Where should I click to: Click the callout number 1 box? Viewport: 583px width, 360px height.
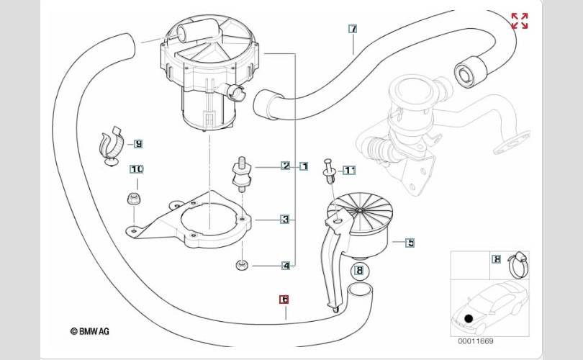pyautogui.click(x=304, y=166)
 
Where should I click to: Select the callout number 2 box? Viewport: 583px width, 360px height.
pyautogui.click(x=286, y=166)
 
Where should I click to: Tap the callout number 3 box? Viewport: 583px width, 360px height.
pyautogui.click(x=285, y=219)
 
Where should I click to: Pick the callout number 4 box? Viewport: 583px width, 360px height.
pyautogui.click(x=286, y=266)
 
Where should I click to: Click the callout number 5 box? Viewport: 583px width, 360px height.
pyautogui.click(x=410, y=243)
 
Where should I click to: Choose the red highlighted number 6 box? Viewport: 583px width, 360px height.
pyautogui.click(x=284, y=300)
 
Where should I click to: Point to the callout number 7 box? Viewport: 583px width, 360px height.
pyautogui.click(x=353, y=29)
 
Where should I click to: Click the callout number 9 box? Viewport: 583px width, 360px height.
pyautogui.click(x=138, y=143)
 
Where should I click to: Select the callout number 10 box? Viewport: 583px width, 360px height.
pyautogui.click(x=137, y=169)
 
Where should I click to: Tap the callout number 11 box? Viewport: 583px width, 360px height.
pyautogui.click(x=349, y=171)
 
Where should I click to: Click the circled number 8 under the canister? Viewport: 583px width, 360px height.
pyautogui.click(x=359, y=271)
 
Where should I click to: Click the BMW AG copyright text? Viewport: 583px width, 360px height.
pyautogui.click(x=90, y=331)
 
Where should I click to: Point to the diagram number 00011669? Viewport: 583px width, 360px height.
pyautogui.click(x=476, y=341)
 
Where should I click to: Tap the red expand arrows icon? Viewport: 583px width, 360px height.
pyautogui.click(x=520, y=21)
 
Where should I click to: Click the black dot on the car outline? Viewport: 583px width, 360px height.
pyautogui.click(x=469, y=318)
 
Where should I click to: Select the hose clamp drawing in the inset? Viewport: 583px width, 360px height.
pyautogui.click(x=518, y=264)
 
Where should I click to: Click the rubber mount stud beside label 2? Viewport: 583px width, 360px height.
pyautogui.click(x=242, y=174)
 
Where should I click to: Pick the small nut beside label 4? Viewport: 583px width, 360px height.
pyautogui.click(x=242, y=266)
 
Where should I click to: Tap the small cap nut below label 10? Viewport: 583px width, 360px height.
pyautogui.click(x=134, y=199)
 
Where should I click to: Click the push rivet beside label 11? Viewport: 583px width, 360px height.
pyautogui.click(x=329, y=171)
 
